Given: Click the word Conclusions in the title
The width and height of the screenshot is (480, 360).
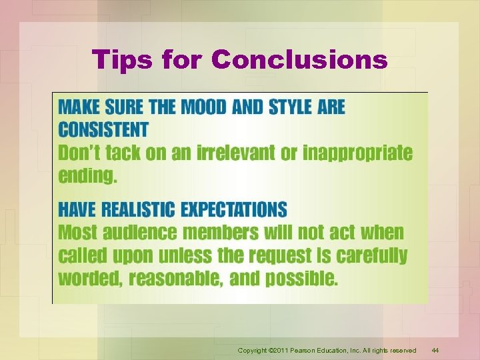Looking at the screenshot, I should (x=299, y=60).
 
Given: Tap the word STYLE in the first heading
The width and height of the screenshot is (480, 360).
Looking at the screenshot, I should (x=301, y=107).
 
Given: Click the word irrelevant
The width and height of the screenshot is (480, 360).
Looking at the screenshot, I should (x=236, y=153).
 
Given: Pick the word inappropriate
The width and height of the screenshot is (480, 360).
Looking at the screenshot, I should (x=357, y=153).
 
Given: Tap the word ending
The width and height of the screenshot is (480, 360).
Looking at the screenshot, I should (x=87, y=177).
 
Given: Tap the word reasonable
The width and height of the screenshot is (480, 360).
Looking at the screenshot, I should (x=175, y=279).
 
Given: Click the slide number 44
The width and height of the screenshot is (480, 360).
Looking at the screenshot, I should (x=435, y=350).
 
